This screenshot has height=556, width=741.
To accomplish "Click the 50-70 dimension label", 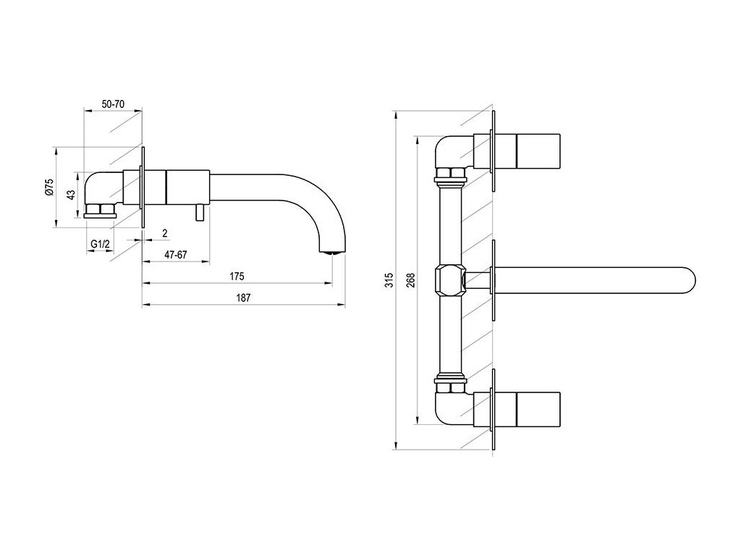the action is point(113,104).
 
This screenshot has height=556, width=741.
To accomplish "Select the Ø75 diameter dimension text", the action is point(50,188).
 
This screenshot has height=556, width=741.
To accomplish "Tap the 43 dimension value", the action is point(70,194).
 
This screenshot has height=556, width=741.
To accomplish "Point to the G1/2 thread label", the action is point(100,244).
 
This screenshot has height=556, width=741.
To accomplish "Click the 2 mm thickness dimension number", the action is point(164,233).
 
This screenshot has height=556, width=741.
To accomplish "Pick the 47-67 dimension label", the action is point(176,255).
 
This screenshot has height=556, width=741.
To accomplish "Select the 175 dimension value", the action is point(237,276).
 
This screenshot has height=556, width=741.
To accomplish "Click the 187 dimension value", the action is point(243,298).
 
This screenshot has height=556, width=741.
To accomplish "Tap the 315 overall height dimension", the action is point(389,280).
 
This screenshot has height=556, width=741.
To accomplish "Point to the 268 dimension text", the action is point(410,280).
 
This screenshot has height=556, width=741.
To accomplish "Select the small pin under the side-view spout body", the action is point(200,214).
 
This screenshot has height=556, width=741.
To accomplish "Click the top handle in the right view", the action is point(538,151).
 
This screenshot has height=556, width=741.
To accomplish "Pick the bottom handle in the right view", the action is point(538,410).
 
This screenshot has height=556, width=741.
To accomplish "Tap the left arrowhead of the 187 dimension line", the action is point(146,305).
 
